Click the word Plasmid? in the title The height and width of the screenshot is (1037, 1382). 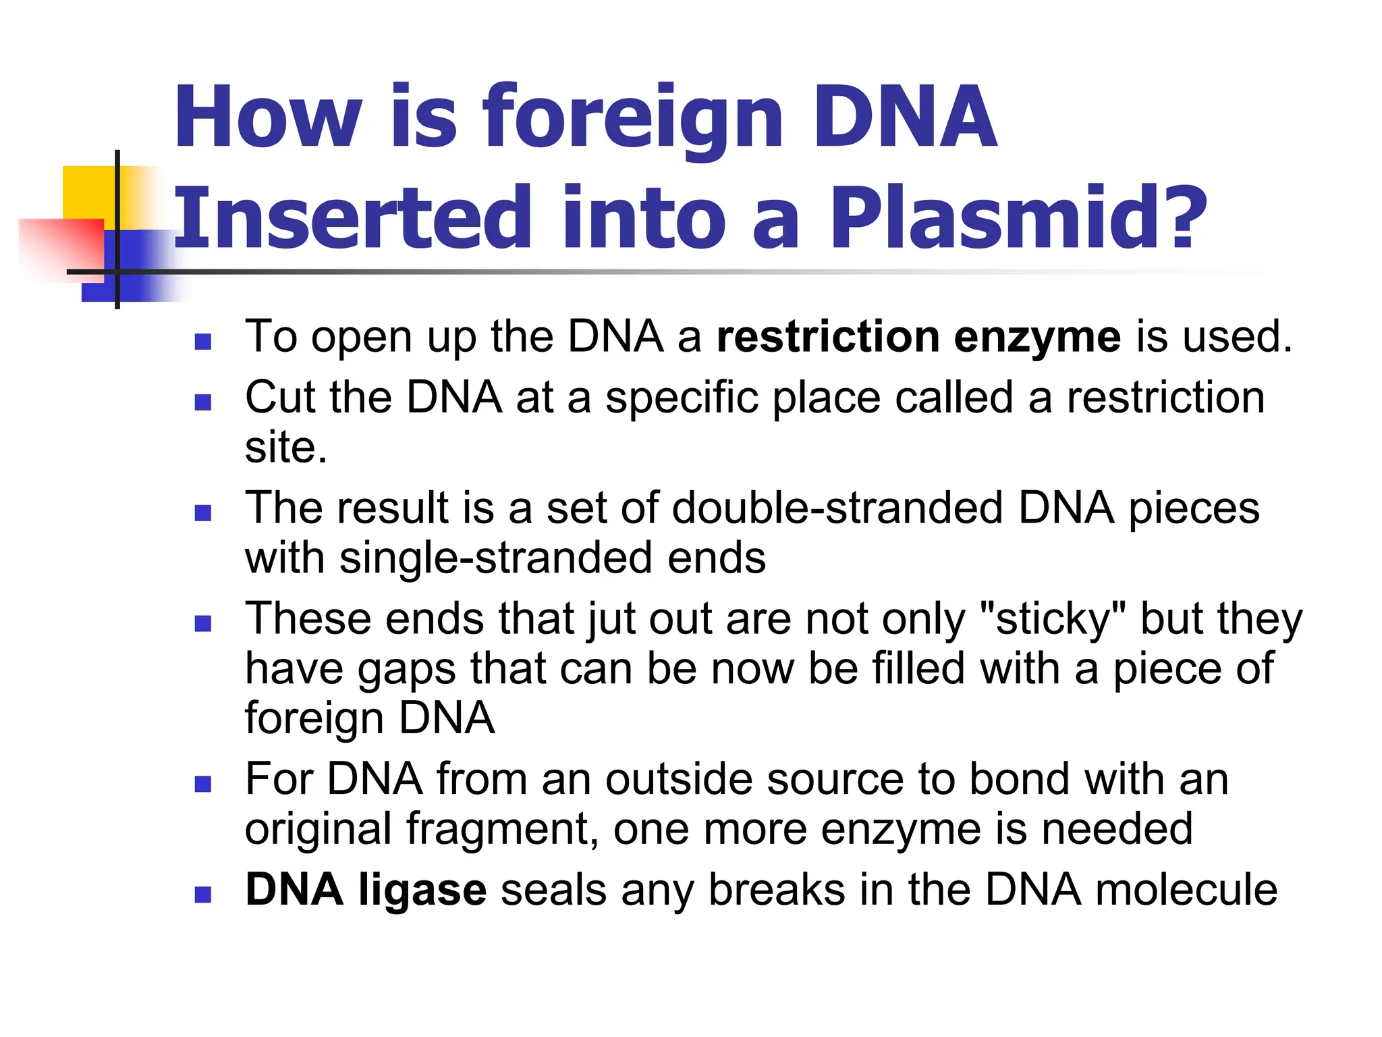[x=1018, y=217]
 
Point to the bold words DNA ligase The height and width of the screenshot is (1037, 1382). [x=365, y=890]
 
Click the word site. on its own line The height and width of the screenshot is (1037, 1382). [x=285, y=448]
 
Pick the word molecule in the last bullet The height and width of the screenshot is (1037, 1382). [x=1186, y=890]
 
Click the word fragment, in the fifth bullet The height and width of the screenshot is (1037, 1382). [x=502, y=829]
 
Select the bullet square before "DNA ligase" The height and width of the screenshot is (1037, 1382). [x=202, y=895]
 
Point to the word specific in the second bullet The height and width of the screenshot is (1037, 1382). [x=682, y=398]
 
